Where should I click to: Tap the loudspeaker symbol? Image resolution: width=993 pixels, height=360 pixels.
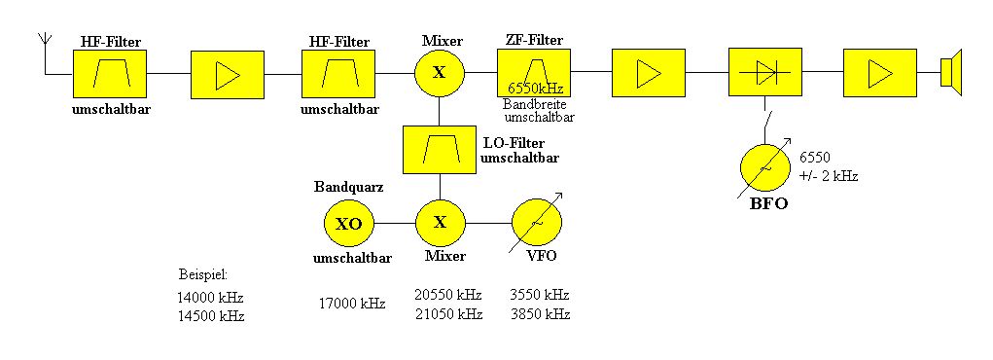coord(951,72)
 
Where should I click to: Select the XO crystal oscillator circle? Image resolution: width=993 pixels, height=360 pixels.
coord(349,224)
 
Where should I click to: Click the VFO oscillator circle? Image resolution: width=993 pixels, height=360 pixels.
coord(537,223)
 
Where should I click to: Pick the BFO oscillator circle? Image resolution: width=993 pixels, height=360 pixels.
coord(766,168)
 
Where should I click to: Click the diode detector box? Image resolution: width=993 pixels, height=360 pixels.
coord(765,73)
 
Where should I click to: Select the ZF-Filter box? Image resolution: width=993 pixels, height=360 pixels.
coord(533,73)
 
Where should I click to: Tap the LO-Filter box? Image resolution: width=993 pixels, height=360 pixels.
coord(440,149)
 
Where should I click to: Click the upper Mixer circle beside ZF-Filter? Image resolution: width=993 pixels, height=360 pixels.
coord(440,73)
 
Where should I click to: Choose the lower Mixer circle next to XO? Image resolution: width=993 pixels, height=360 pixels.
coord(441,223)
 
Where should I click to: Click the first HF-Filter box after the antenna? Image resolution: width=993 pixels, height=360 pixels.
coord(110,74)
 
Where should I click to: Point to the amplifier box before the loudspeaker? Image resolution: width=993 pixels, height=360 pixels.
coord(879,73)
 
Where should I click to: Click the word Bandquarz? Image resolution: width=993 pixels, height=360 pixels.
coord(349,188)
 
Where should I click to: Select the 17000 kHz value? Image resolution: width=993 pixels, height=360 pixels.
coord(352,304)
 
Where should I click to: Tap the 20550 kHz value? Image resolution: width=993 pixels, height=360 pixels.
coord(448,295)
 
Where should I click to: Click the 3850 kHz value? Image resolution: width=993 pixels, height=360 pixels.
coord(540,314)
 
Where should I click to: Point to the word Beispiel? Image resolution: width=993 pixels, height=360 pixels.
coord(202,275)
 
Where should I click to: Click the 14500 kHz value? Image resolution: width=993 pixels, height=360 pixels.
coord(211,316)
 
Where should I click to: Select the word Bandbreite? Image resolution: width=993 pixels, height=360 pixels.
coord(535,104)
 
